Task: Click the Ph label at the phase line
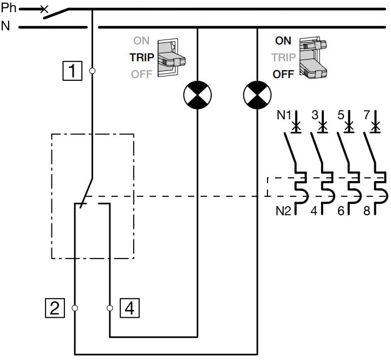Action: [10, 9]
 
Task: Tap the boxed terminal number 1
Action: [73, 70]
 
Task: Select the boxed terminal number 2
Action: [54, 308]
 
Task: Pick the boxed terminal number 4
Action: [129, 308]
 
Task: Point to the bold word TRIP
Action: [141, 57]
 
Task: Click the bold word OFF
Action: [283, 74]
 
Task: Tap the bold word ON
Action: [283, 41]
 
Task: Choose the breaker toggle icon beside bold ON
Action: [314, 57]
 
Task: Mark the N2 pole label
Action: [283, 210]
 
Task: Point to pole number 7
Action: [367, 115]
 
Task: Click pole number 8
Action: [367, 210]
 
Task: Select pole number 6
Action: [341, 210]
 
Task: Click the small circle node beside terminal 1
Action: [93, 70]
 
